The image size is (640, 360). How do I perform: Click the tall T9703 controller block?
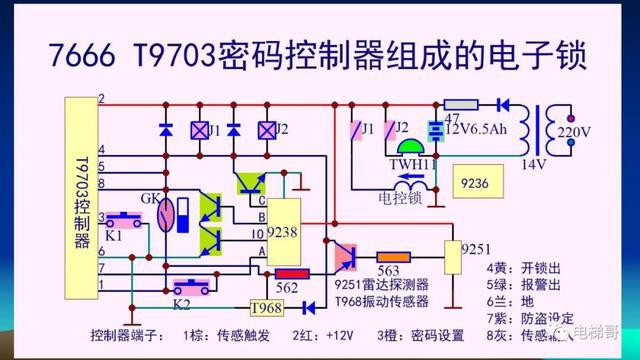click(79, 200)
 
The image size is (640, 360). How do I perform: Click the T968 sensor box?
click(266, 307)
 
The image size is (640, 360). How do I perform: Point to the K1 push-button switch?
click(124, 219)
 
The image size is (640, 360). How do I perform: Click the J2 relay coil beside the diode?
click(265, 130)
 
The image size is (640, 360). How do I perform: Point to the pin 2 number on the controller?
click(101, 98)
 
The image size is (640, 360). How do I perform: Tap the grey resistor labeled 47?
click(461, 104)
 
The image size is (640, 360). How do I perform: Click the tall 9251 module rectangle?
click(451, 255)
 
